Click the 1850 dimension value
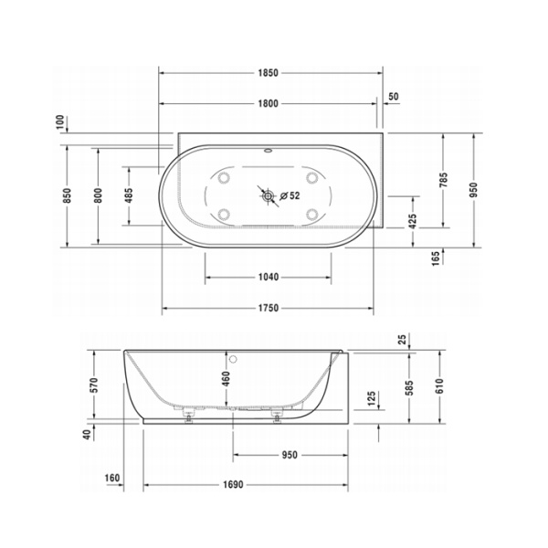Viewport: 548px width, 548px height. pos(268,72)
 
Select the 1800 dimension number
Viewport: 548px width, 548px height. pos(268,104)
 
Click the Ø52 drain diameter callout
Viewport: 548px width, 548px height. pos(289,195)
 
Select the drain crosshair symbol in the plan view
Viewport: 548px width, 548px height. pos(267,195)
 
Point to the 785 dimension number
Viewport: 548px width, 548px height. pos(443,180)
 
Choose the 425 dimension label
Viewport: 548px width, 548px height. pos(413,220)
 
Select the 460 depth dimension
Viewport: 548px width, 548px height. pos(226,378)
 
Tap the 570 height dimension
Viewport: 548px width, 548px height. pos(93,385)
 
